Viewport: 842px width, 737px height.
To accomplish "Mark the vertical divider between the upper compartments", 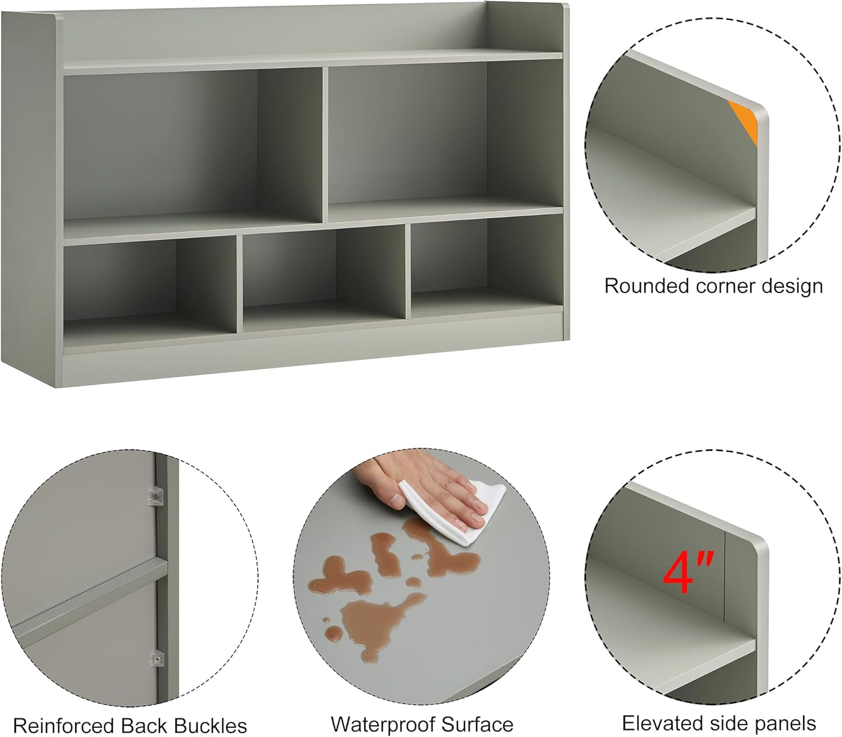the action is click(x=326, y=145).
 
